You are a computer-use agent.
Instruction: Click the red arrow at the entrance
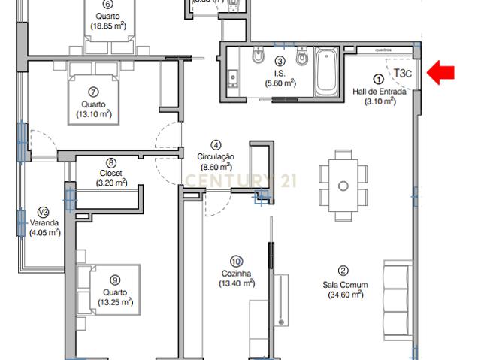441,72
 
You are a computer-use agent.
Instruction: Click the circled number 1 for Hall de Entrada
379,78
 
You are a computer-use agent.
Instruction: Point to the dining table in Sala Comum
343,185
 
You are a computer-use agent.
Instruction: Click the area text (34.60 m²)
345,295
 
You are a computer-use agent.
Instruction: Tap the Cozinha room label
236,274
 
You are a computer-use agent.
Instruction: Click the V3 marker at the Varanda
43,212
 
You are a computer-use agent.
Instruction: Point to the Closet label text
111,172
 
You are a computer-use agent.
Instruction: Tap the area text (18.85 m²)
108,26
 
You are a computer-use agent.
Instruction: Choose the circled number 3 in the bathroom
280,62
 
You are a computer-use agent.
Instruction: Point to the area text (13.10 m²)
94,115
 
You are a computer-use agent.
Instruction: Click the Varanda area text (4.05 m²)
44,233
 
